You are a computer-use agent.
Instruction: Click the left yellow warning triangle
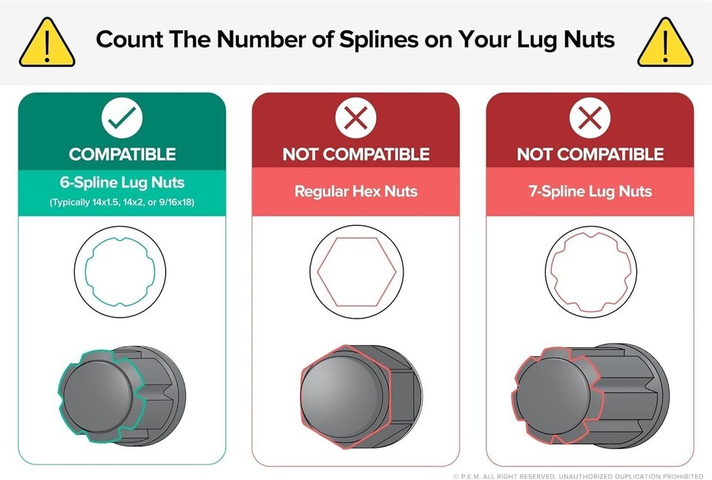[x=47, y=43]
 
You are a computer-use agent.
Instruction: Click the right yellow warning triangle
[x=665, y=43]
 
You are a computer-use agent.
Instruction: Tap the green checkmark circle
[x=122, y=118]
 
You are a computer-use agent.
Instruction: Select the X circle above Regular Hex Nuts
[x=356, y=118]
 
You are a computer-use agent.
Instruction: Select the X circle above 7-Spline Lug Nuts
[x=590, y=118]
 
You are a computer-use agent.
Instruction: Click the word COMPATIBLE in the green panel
[x=122, y=154]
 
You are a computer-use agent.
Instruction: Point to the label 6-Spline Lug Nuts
[x=122, y=182]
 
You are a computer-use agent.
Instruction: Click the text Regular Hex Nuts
[x=356, y=191]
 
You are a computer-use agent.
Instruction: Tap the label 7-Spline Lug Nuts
[x=590, y=191]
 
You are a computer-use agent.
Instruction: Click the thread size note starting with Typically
[x=122, y=202]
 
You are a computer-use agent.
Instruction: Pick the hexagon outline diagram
[x=357, y=272]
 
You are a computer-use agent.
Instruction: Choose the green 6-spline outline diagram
[x=120, y=272]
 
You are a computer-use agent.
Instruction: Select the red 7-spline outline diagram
[x=591, y=272]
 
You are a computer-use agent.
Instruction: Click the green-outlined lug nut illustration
[x=122, y=394]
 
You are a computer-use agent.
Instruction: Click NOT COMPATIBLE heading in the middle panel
[x=356, y=154]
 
